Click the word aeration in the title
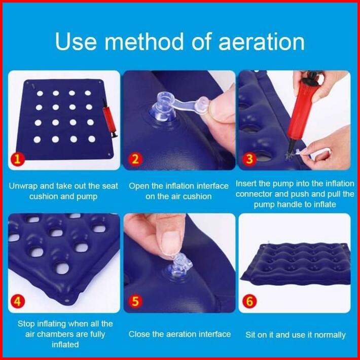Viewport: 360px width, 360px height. (262, 42)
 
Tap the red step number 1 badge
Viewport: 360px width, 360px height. (18, 159)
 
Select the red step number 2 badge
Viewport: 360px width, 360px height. (135, 159)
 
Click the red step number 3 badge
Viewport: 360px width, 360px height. (249, 159)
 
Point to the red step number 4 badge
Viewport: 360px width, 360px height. (18, 301)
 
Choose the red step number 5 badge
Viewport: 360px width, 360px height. (135, 301)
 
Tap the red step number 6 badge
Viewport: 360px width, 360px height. (249, 301)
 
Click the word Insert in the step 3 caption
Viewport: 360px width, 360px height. (246, 184)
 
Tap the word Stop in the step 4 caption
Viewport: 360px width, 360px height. (26, 323)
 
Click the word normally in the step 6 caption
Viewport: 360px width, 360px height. (330, 335)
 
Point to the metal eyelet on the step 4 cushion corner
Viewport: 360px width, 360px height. (67, 301)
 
